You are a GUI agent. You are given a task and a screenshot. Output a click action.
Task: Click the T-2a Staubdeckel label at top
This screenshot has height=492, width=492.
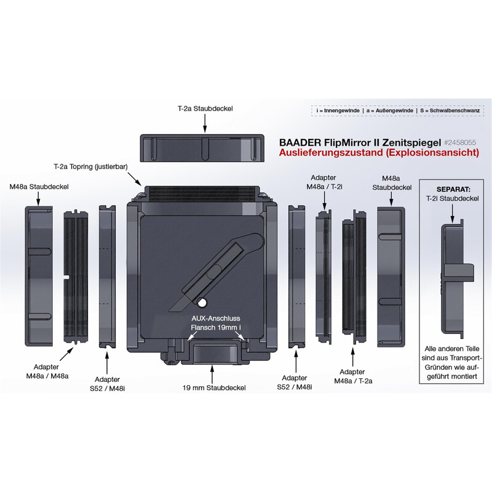(205, 108)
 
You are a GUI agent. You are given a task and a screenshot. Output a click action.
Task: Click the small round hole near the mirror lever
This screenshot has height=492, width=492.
(202, 301)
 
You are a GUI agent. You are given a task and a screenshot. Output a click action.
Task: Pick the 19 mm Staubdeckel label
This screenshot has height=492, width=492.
(213, 388)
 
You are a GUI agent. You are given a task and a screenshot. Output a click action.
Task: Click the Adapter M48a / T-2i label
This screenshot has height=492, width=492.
(326, 181)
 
